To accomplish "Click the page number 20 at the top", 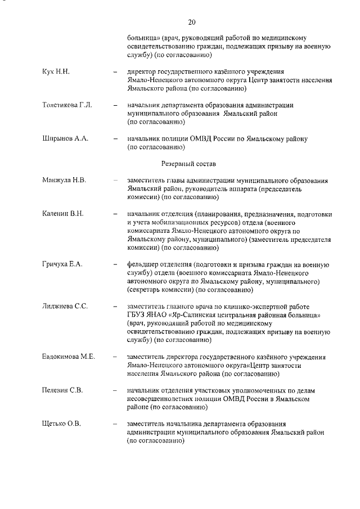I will (191, 22).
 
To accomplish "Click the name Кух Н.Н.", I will (56, 72).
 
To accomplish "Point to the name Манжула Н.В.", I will (64, 180).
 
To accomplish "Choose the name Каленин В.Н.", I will (62, 214).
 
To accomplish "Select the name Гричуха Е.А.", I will (62, 264).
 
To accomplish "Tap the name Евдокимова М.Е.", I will (68, 357).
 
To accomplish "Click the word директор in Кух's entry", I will (145, 72).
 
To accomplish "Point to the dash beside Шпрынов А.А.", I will (115, 139).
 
